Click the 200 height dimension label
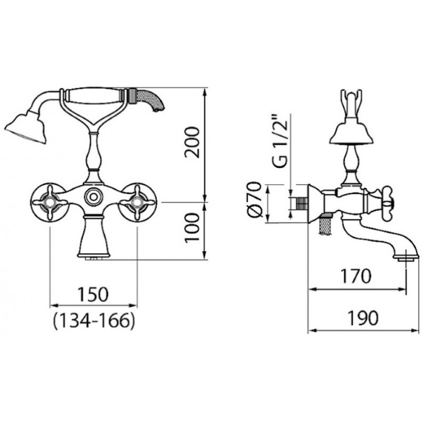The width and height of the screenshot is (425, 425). click(x=192, y=142)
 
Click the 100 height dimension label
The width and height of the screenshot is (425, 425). click(x=192, y=228)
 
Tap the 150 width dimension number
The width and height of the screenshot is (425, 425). click(x=93, y=295)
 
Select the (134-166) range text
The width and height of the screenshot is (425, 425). click(x=94, y=321)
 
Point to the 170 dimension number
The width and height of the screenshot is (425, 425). click(x=356, y=276)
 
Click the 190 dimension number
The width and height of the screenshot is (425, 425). click(x=363, y=318)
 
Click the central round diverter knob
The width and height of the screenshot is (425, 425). click(x=93, y=196)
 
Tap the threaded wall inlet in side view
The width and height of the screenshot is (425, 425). click(x=301, y=203)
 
